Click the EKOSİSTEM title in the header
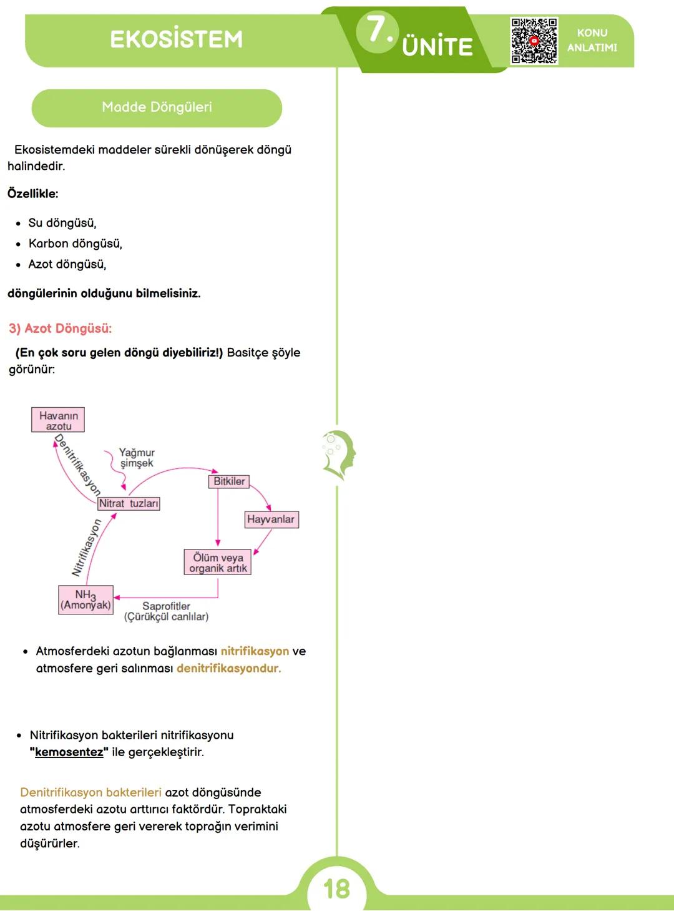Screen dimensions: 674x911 click(x=176, y=39)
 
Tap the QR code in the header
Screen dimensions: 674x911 click(x=534, y=41)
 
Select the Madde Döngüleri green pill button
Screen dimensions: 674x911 click(x=157, y=108)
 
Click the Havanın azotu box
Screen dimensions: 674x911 click(x=58, y=420)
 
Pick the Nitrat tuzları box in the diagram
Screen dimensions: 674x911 click(x=129, y=503)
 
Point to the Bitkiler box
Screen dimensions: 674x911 click(x=228, y=481)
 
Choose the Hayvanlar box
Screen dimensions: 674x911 click(x=271, y=519)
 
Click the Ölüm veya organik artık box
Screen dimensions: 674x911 click(x=218, y=562)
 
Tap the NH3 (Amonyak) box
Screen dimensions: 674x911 click(x=85, y=599)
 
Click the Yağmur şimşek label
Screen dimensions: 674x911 click(x=137, y=458)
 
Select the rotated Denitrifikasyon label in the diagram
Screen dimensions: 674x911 click(x=77, y=465)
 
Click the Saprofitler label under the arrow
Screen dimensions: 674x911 click(x=166, y=611)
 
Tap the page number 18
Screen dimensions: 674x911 click(x=336, y=889)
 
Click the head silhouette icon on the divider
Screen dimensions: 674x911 click(x=339, y=455)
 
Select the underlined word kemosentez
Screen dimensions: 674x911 click(x=69, y=752)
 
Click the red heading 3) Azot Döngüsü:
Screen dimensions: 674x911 click(x=61, y=328)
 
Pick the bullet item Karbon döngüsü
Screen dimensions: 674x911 click(x=75, y=244)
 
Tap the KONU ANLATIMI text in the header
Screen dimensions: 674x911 click(x=592, y=40)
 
